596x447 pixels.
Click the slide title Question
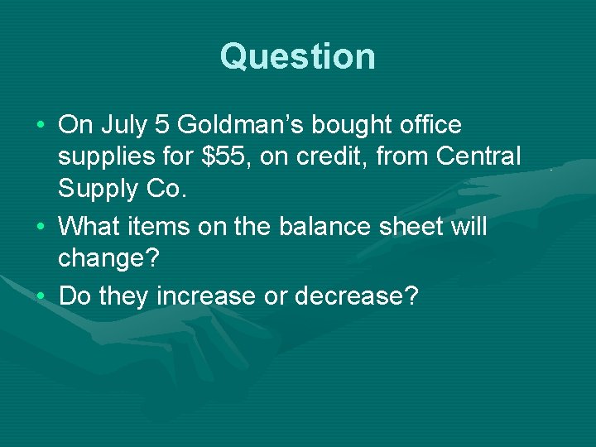298,56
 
